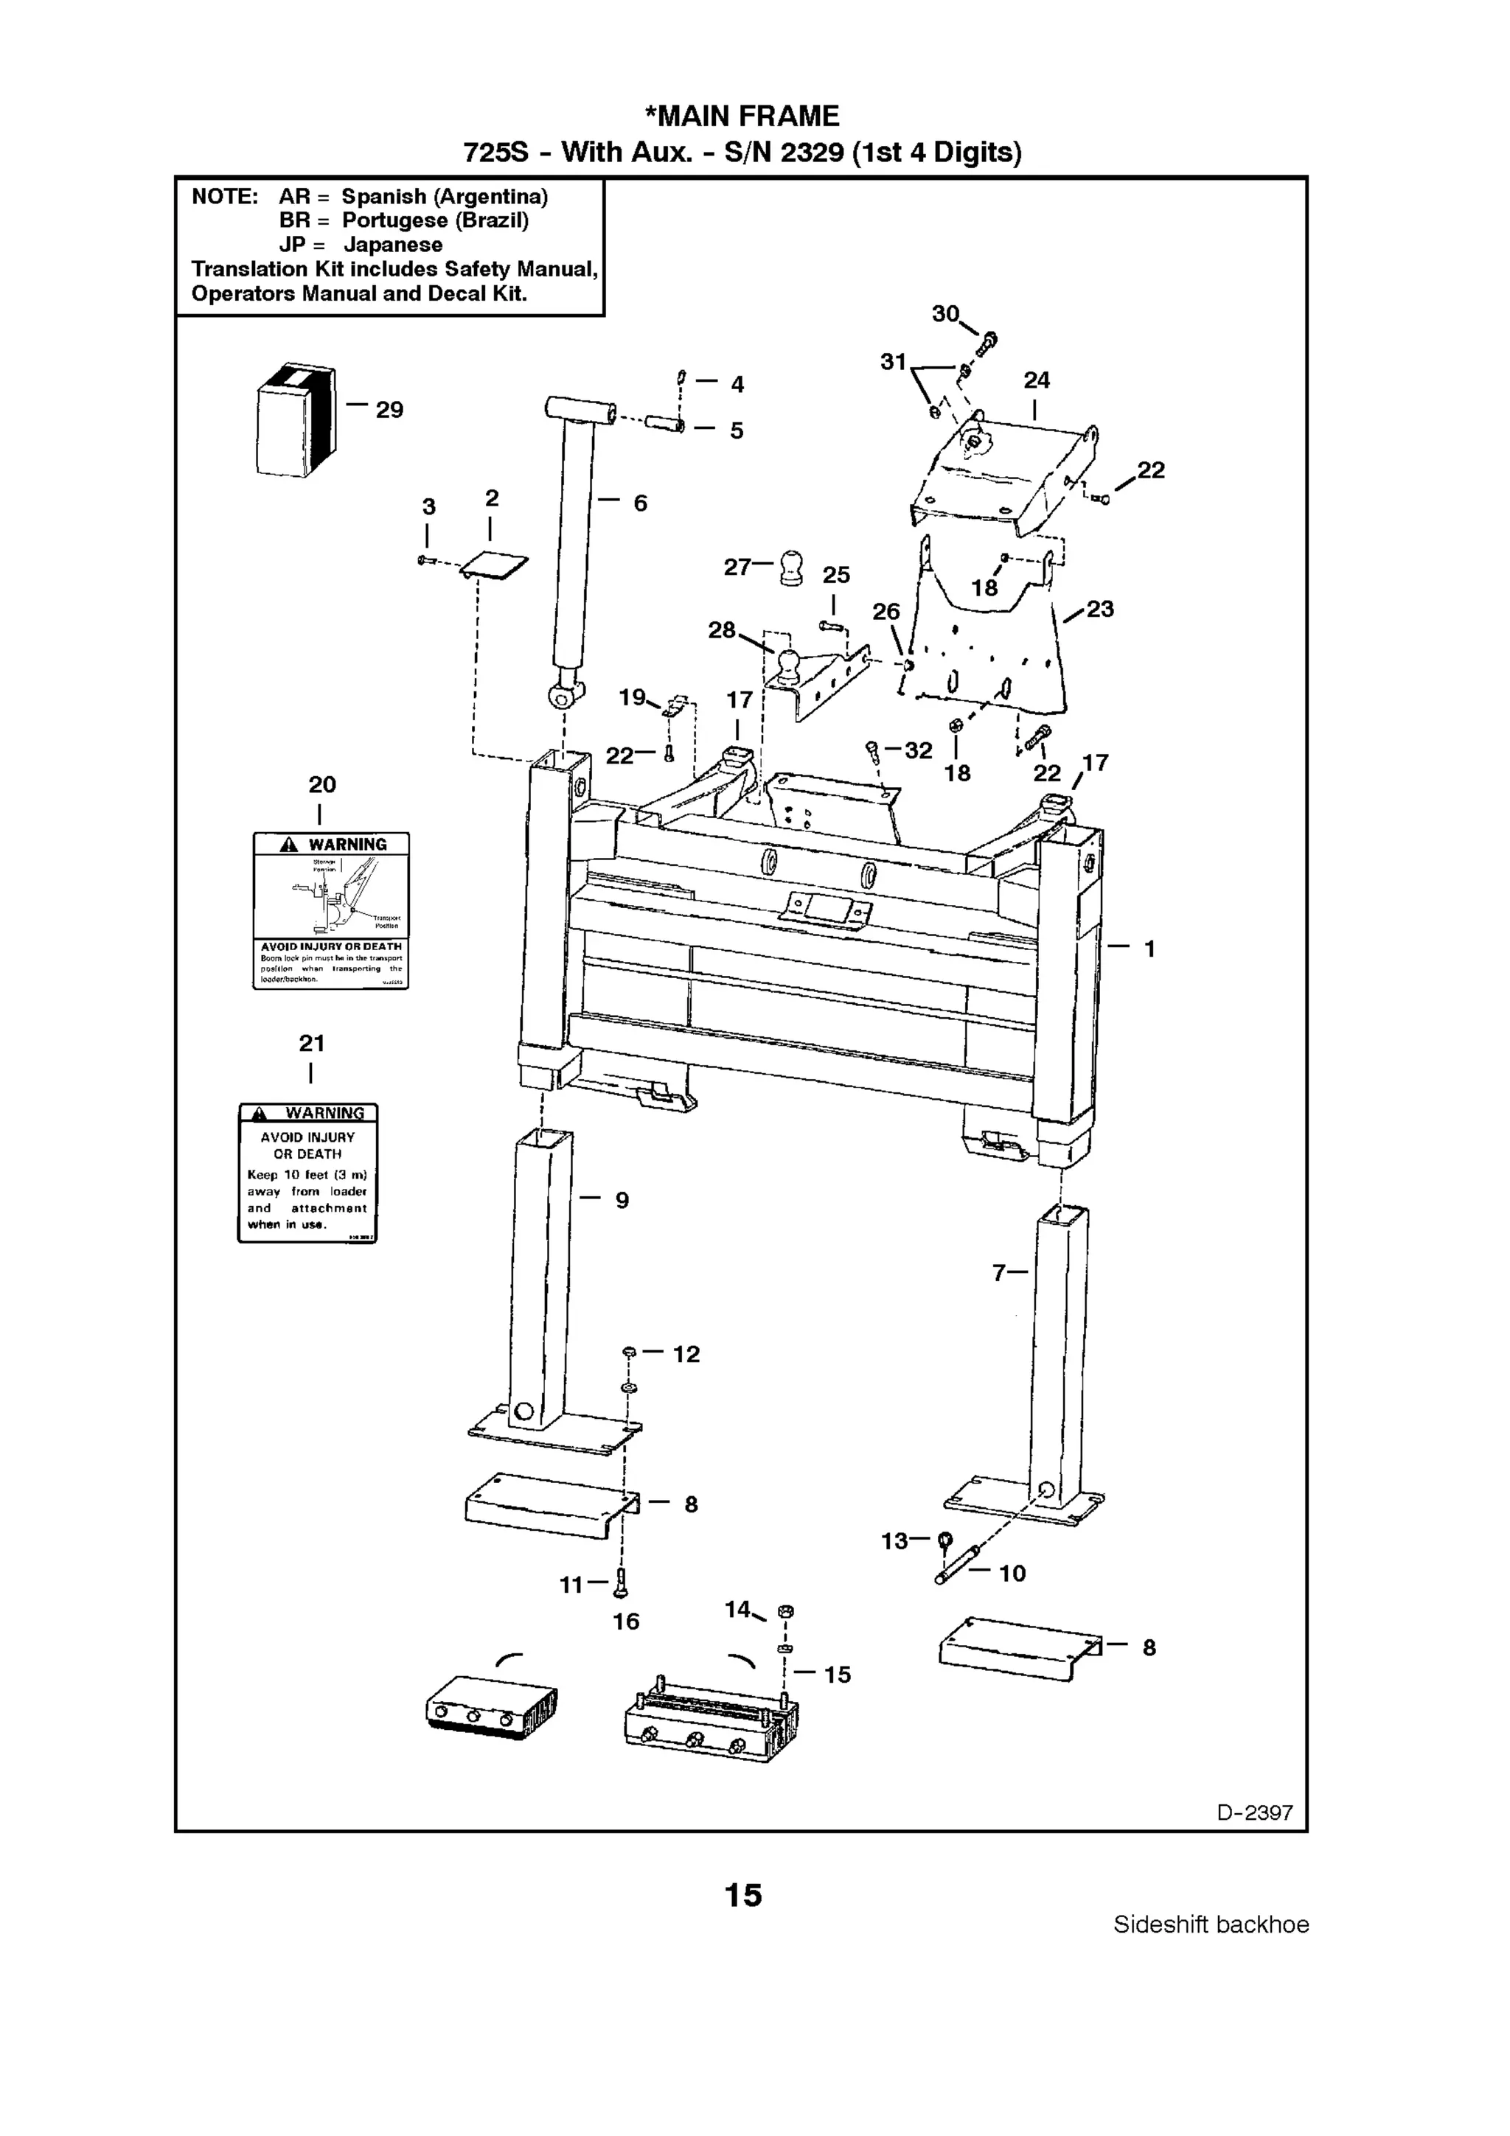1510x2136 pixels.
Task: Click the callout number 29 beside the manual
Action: click(389, 411)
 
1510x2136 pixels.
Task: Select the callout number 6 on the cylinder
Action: click(640, 503)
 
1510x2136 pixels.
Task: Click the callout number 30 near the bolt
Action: click(945, 315)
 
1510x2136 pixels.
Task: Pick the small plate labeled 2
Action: click(496, 565)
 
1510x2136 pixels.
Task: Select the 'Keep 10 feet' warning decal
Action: click(308, 1173)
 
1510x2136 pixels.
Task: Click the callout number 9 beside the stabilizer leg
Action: click(622, 1200)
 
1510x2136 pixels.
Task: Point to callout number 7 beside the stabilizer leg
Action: click(998, 1273)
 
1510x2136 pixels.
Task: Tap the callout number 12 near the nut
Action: click(686, 1355)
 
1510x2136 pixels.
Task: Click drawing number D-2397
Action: click(1254, 1812)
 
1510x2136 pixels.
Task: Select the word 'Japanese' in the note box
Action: click(393, 245)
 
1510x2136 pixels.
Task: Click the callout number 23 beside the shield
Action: click(1100, 610)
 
